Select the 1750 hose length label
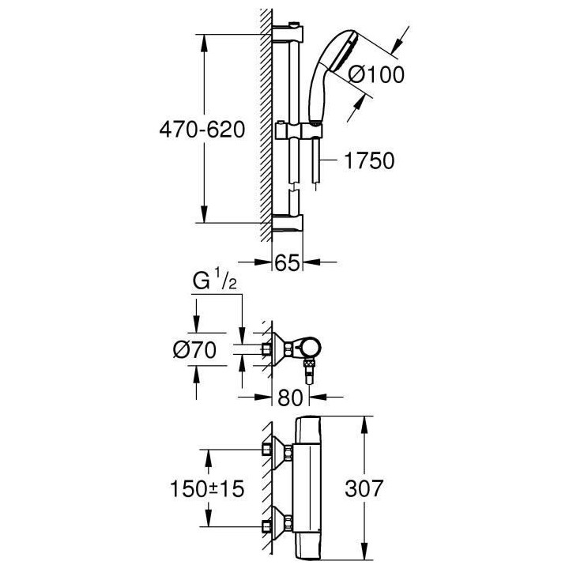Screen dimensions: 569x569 tap(369, 161)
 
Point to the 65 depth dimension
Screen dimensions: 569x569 tap(288, 263)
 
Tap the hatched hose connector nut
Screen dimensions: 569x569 tap(310, 371)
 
